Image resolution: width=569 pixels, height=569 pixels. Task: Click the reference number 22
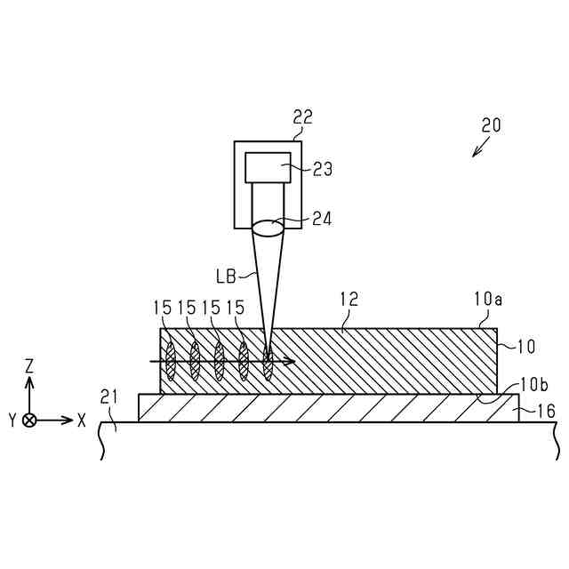tap(302, 117)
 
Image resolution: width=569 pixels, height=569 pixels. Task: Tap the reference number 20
tap(491, 125)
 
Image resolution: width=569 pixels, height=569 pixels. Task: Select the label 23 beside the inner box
tap(322, 169)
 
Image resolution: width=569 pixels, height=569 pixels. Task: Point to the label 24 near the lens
tap(322, 220)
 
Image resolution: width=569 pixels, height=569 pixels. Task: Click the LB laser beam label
tap(226, 276)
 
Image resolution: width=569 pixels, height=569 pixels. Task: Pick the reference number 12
tap(349, 299)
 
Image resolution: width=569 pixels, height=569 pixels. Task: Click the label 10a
tap(488, 300)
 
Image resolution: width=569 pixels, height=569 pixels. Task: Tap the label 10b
tap(533, 385)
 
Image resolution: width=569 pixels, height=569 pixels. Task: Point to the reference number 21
tap(109, 397)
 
